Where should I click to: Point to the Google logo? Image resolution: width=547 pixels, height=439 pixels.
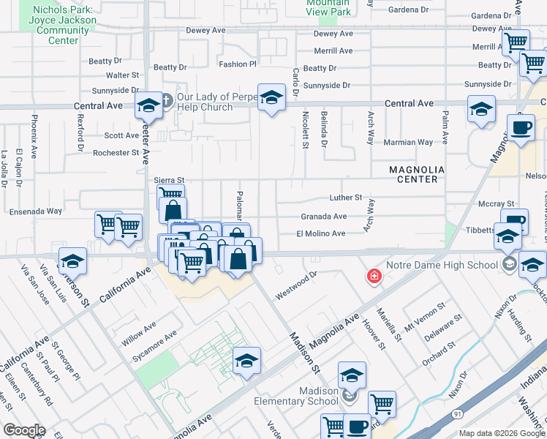[24, 430]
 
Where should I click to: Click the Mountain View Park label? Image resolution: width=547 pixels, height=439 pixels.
[328, 7]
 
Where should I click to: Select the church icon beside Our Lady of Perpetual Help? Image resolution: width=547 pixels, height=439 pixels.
[166, 100]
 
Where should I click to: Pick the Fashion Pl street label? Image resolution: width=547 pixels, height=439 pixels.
[238, 64]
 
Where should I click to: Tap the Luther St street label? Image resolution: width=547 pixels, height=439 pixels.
[345, 198]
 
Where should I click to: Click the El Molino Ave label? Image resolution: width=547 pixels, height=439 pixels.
[320, 233]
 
